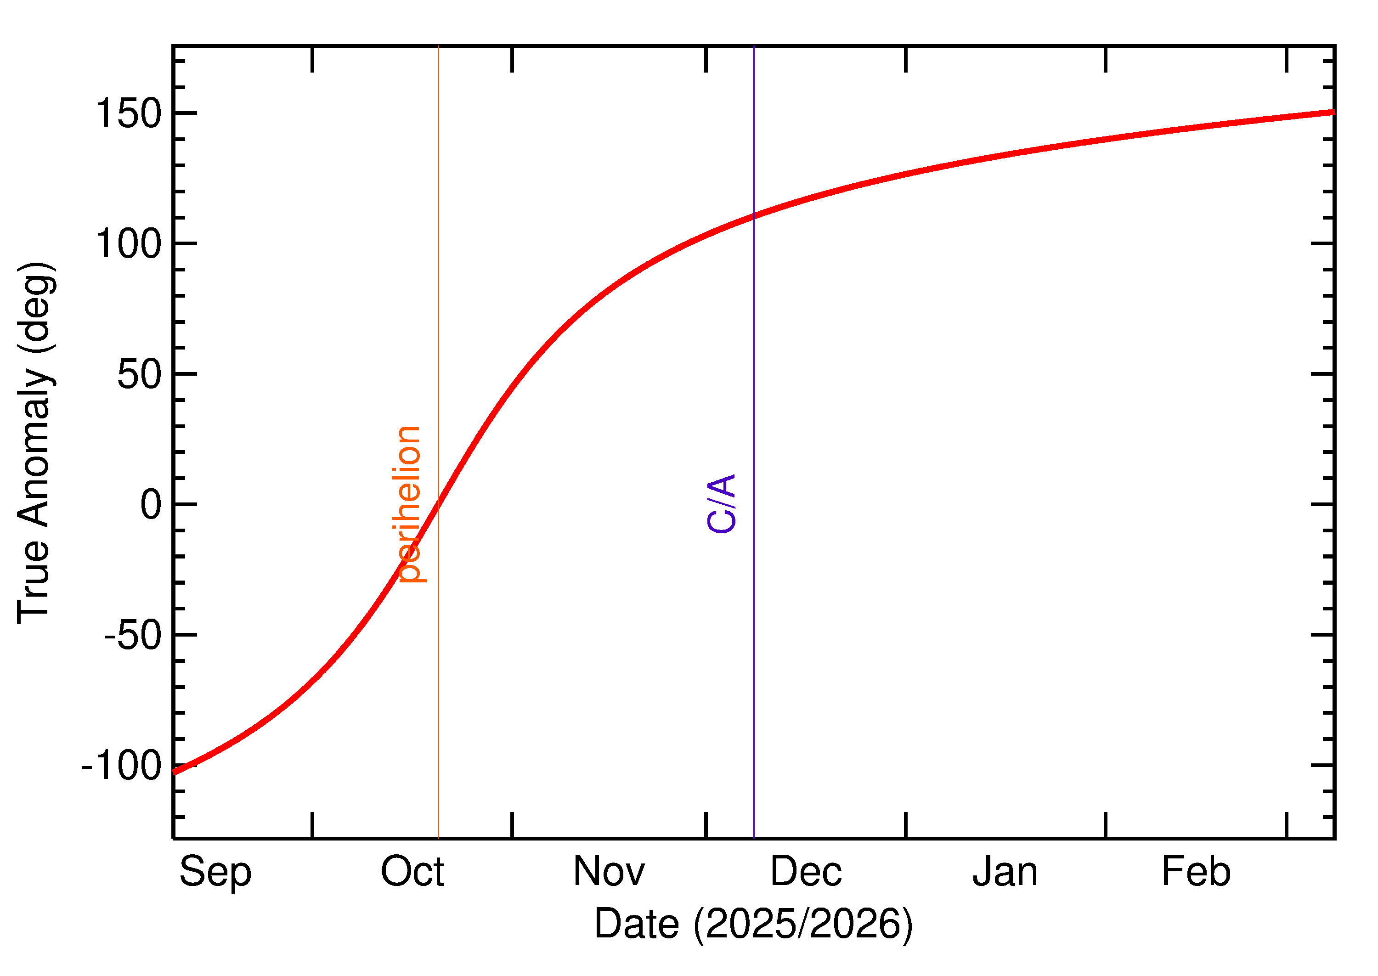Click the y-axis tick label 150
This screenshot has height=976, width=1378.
[129, 113]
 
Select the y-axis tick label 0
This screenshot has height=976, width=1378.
[151, 504]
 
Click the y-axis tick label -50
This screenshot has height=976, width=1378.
[133, 635]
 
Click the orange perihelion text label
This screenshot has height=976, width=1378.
[410, 504]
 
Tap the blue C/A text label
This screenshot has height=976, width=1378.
[722, 504]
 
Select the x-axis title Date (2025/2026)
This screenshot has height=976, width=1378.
[754, 924]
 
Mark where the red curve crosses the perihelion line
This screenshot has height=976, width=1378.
[438, 504]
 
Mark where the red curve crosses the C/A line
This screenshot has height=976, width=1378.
[754, 216]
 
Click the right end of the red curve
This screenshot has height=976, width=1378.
[1333, 112]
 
